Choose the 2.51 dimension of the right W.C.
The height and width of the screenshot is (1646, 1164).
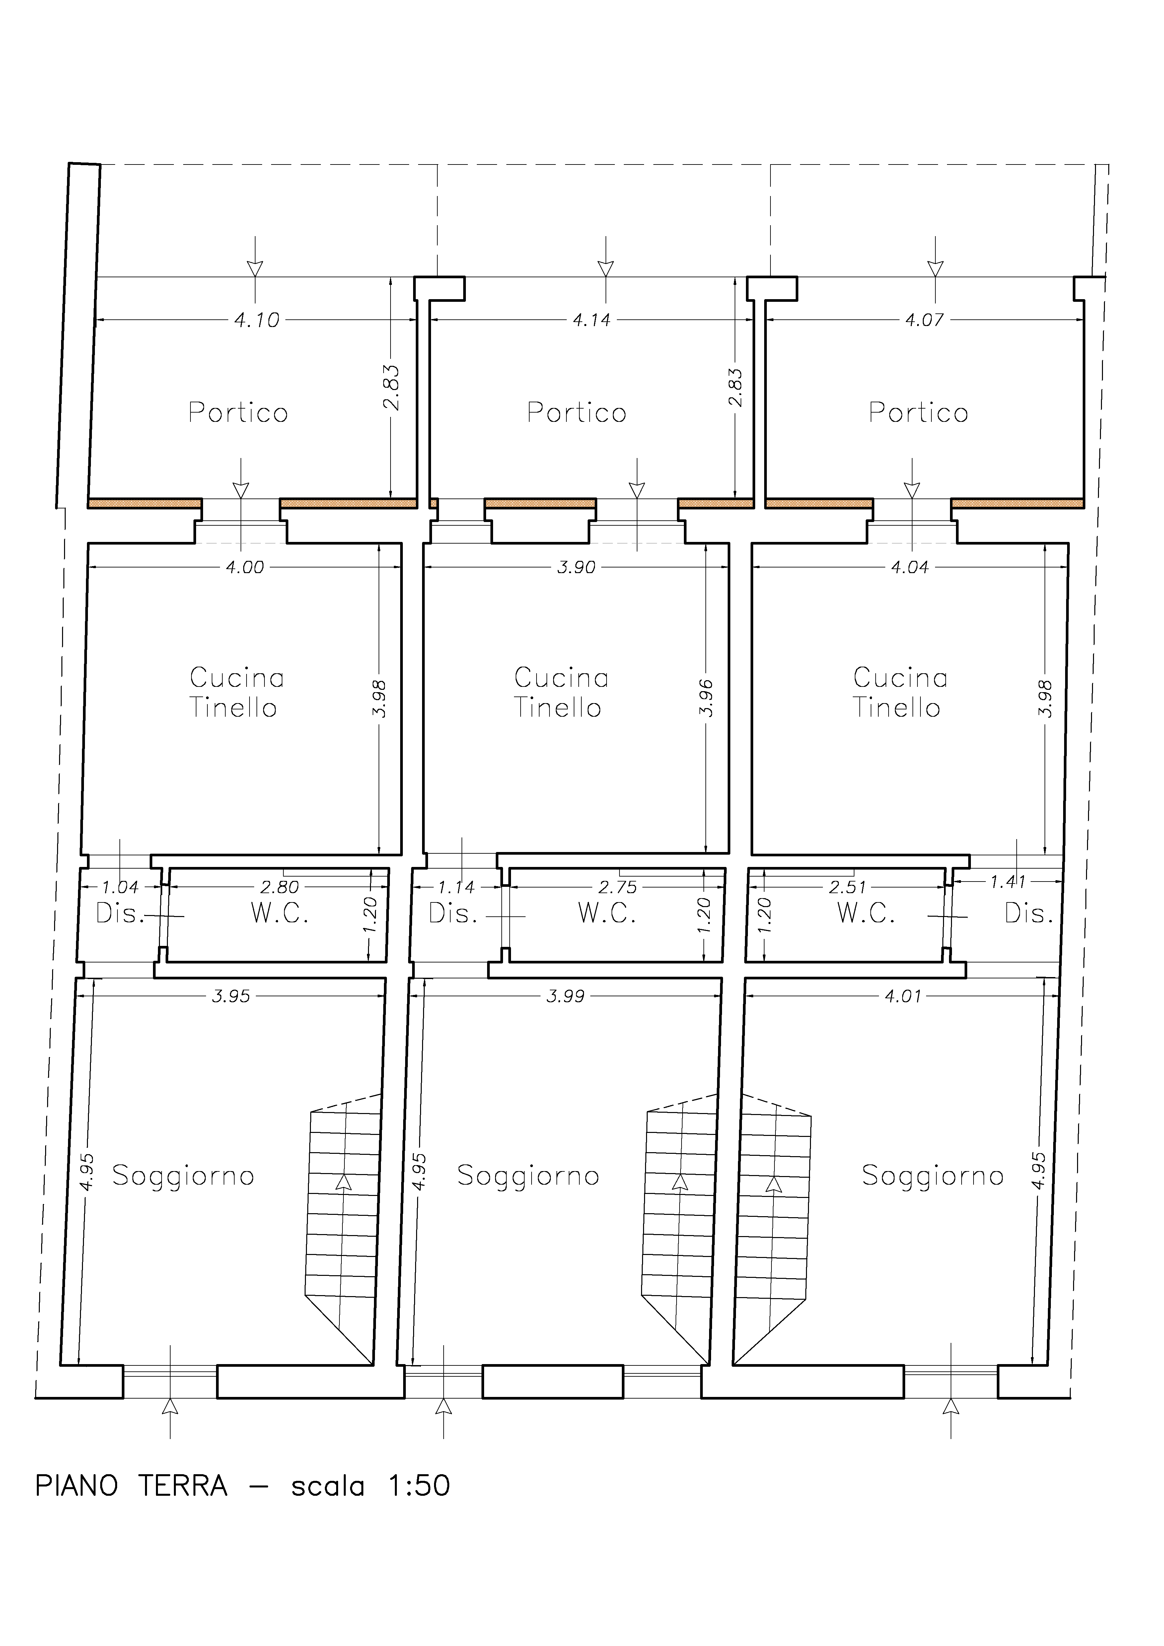848,888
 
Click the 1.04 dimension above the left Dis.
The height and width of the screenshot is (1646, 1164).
120,888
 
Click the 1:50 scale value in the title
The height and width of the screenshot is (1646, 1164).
419,1486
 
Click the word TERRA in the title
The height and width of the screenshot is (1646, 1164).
183,1486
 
